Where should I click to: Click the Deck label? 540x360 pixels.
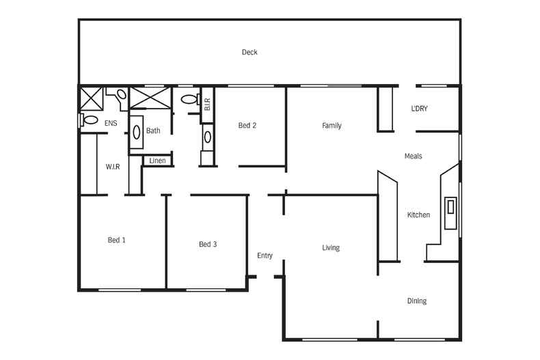pos(249,53)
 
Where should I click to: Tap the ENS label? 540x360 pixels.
pos(111,124)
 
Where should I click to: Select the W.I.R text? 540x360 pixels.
pos(113,167)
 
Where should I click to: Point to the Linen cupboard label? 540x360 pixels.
pos(157,161)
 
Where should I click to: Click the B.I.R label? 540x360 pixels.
pos(207,105)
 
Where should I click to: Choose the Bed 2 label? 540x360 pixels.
pos(247,125)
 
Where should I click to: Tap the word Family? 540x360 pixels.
pos(332,126)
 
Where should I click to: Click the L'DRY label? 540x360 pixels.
pos(419,109)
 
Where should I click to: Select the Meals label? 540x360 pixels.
pos(413,156)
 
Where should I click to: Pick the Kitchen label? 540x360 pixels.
pos(418,215)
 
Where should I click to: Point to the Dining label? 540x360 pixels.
pos(417,301)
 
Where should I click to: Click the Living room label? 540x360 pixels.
pos(331,248)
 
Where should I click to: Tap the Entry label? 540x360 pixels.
pos(265,256)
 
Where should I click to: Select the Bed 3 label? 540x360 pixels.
pos(208,245)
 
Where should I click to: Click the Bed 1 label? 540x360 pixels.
pos(116,240)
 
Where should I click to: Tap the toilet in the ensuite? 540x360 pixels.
pos(89,120)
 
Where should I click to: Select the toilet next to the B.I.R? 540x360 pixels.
pos(189,100)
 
